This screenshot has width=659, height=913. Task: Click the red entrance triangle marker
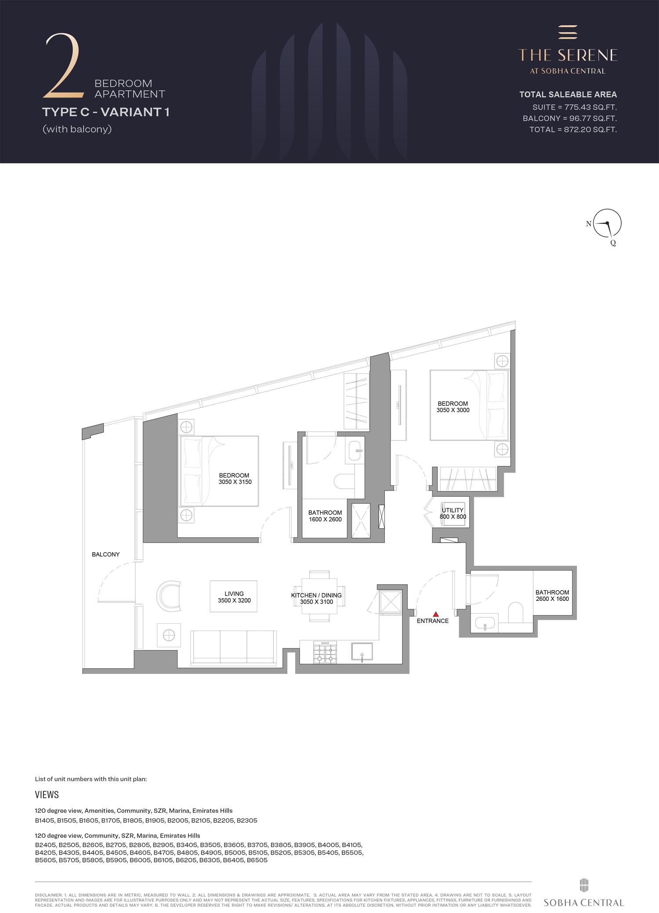pyautogui.click(x=435, y=614)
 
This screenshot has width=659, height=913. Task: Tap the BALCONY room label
pyautogui.click(x=105, y=554)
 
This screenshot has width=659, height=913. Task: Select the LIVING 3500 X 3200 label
pyautogui.click(x=234, y=597)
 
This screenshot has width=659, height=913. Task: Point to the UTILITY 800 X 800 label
pyautogui.click(x=453, y=513)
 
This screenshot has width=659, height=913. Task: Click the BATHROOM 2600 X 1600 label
pyautogui.click(x=552, y=596)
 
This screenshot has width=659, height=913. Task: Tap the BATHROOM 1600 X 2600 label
pyautogui.click(x=325, y=516)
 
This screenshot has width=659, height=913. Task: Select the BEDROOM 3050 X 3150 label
pyautogui.click(x=235, y=478)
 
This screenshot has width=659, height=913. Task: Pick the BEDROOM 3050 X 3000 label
pyautogui.click(x=453, y=407)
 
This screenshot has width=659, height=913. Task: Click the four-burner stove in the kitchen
pyautogui.click(x=325, y=651)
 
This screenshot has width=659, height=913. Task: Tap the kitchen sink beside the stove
pyautogui.click(x=362, y=651)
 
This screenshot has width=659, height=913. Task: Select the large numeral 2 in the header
pyautogui.click(x=64, y=65)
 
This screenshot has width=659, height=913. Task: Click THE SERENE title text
pyautogui.click(x=568, y=55)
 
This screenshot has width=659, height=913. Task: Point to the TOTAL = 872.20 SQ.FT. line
pyautogui.click(x=573, y=129)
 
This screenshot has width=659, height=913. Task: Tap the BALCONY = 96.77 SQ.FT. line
pyautogui.click(x=570, y=118)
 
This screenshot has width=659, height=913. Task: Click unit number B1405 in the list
pyautogui.click(x=45, y=820)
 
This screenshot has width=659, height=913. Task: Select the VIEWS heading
pyautogui.click(x=47, y=795)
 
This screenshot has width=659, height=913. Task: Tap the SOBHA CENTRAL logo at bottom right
pyautogui.click(x=584, y=892)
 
